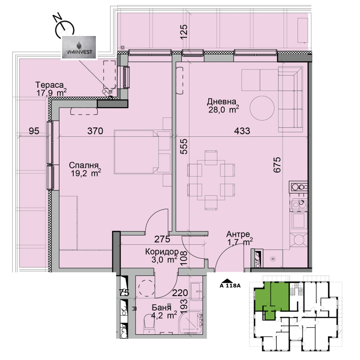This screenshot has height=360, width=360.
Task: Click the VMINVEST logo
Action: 79,48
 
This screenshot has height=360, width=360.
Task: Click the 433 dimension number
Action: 242,131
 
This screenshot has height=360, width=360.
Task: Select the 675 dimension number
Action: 277,165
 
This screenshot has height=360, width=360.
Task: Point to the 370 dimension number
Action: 95,131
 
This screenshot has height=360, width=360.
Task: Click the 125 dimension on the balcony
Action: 184,32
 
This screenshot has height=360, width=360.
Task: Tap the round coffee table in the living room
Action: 262,108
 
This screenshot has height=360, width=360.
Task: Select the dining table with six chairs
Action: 211,180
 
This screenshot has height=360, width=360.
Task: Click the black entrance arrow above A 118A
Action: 226,280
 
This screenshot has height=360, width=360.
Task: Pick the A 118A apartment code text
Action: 230,286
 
